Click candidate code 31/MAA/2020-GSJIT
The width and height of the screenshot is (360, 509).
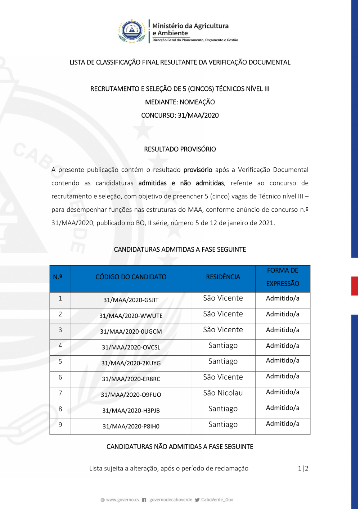click(x=131, y=300)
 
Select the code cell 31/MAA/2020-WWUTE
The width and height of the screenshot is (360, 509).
click(x=131, y=316)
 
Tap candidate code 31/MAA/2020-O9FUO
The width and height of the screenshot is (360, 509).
click(x=131, y=395)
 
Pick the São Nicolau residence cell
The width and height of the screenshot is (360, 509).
click(x=223, y=393)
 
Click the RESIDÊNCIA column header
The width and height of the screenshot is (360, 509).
click(x=223, y=277)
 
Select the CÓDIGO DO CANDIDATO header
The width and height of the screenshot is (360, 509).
click(x=131, y=277)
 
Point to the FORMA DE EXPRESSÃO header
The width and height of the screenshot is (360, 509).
click(x=283, y=277)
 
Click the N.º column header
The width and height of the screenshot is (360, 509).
click(x=58, y=277)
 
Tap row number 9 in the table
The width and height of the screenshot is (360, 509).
click(x=60, y=424)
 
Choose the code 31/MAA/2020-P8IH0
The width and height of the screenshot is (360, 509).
click(x=131, y=426)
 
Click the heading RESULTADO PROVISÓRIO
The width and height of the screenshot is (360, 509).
click(x=180, y=149)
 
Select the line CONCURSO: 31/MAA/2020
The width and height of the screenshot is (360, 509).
click(x=180, y=115)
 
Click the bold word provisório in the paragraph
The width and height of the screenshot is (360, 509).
click(x=198, y=170)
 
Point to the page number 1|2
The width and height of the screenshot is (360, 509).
click(x=303, y=468)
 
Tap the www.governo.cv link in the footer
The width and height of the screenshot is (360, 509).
click(x=122, y=500)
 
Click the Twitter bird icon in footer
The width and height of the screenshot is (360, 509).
click(x=197, y=500)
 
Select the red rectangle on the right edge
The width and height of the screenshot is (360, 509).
click(x=355, y=286)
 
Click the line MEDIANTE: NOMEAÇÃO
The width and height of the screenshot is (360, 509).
click(x=180, y=102)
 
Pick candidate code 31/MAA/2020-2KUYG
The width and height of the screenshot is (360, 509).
click(x=131, y=363)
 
